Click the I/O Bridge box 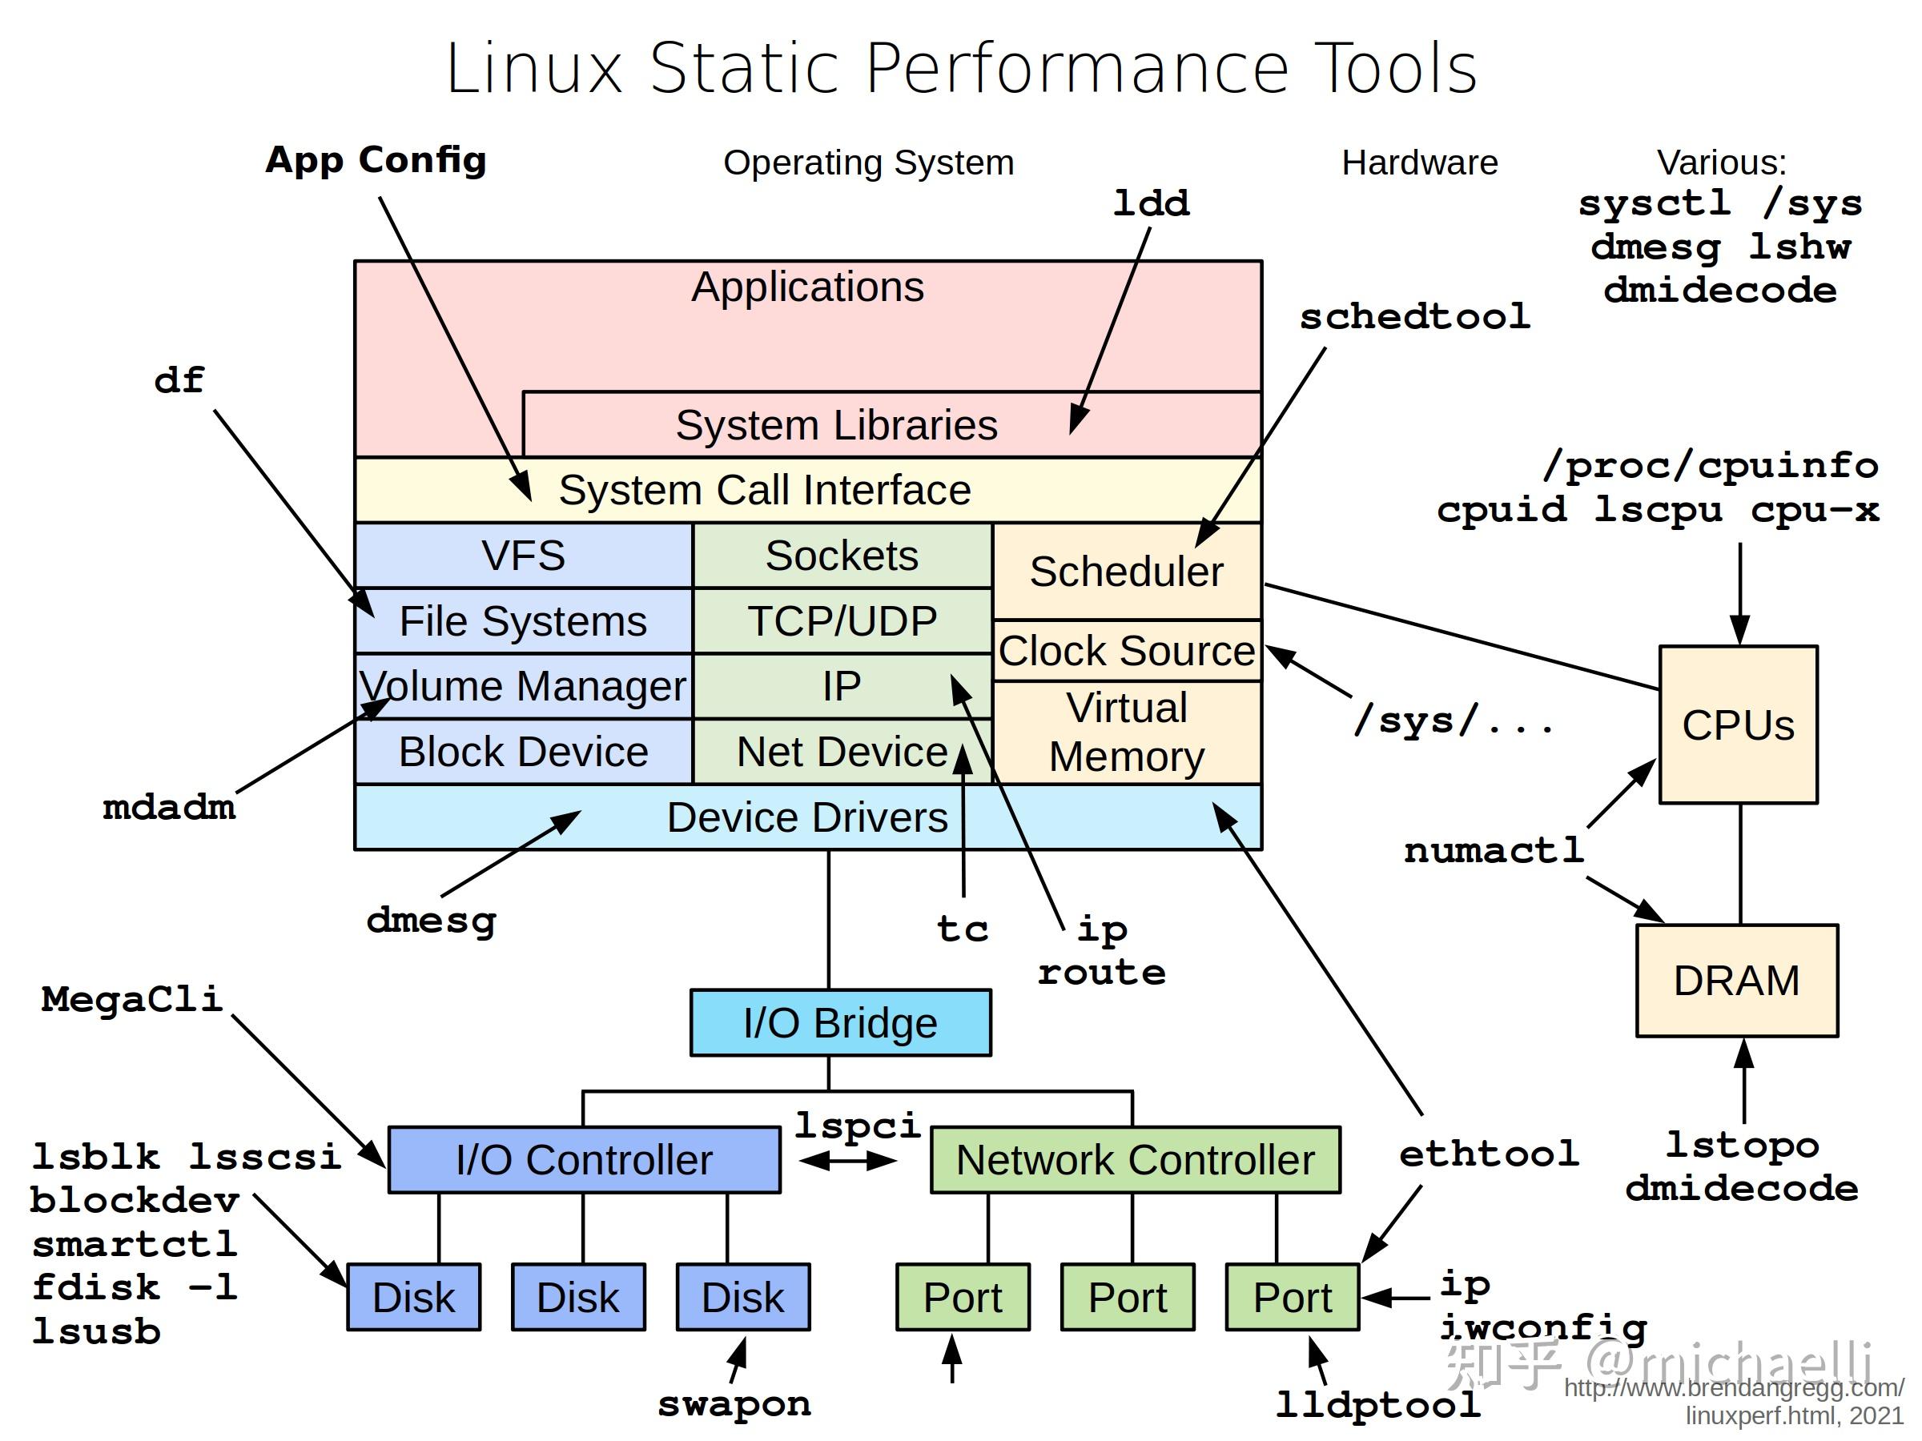[840, 1022]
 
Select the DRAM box [1736, 981]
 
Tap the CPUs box [1738, 725]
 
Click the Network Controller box [1135, 1159]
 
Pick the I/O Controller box [584, 1159]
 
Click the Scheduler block [1126, 572]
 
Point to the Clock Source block [1126, 651]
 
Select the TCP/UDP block [842, 621]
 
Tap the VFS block [523, 555]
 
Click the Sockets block [842, 555]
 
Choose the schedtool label [1414, 316]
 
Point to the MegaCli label [132, 999]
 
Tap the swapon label [734, 1403]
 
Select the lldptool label [1378, 1404]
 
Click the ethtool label [1489, 1154]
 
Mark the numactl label [1494, 850]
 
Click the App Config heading [376, 160]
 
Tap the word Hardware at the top [1419, 163]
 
